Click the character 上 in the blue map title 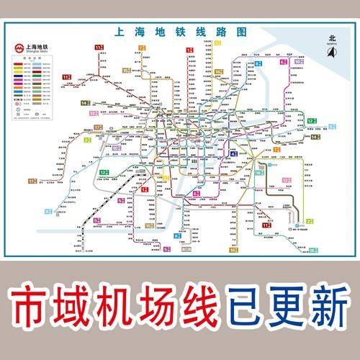pyautogui.click(x=120, y=33)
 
